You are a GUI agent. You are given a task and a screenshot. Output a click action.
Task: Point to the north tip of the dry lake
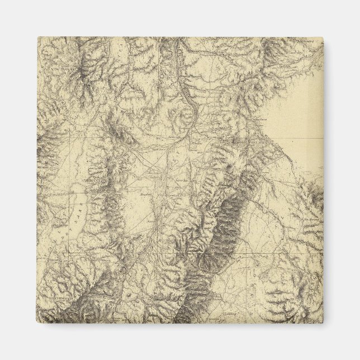(x=84, y=193)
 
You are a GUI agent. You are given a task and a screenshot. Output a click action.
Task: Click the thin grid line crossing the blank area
(x=296, y=138)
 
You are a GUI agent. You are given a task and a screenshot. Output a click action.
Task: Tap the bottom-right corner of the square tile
(x=323, y=323)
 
